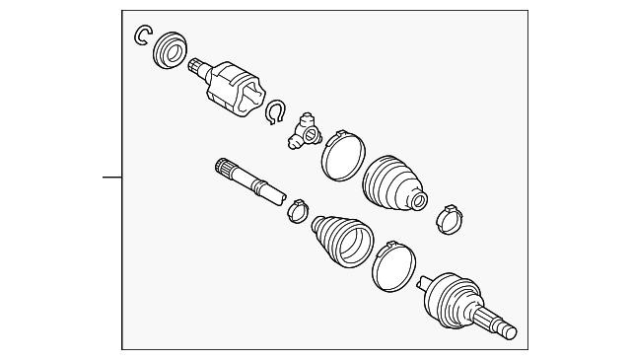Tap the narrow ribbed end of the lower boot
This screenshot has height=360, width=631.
click(320, 227)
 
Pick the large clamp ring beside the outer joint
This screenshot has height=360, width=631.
click(394, 265)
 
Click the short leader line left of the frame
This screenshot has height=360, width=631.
click(111, 178)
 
